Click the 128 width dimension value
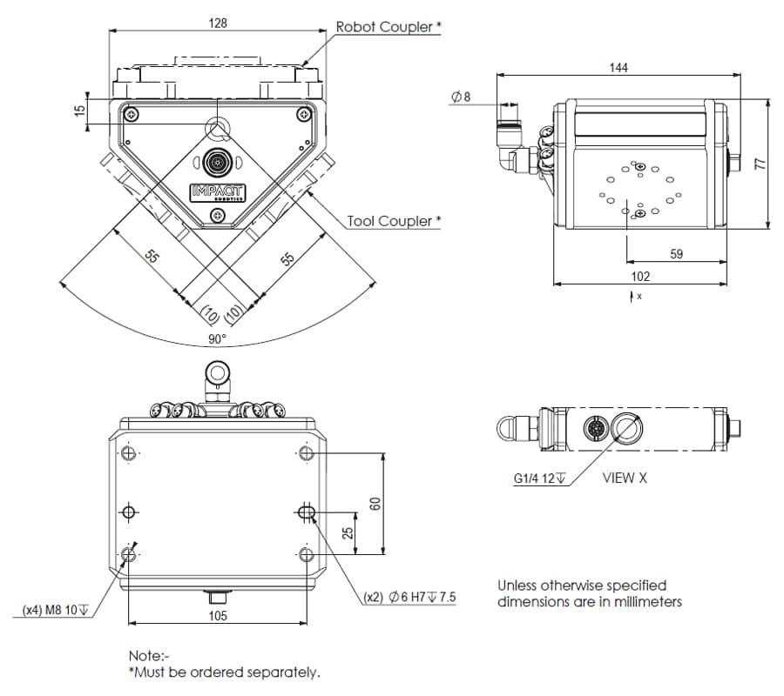pos(218,23)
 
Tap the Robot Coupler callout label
pos(389,26)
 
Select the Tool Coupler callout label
pos(394,221)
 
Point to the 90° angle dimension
pos(218,339)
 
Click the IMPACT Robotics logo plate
pos(218,192)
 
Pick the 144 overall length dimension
pos(618,67)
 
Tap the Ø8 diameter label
pos(461,97)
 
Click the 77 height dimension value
pos(760,164)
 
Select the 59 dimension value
pos(677,254)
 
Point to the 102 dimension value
pos(640,277)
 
